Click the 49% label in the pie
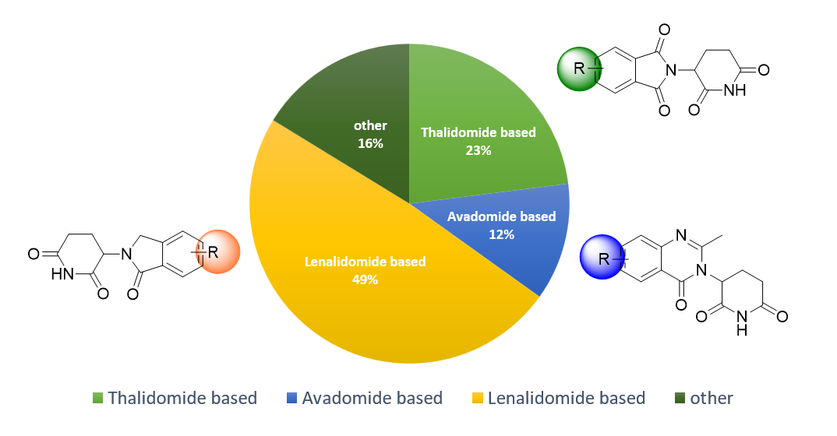pos(365,280)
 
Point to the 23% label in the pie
pos(479,150)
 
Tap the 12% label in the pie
pos(501,234)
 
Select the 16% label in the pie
pos(370,143)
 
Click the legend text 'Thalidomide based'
pos(182,399)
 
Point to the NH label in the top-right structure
pos(734,90)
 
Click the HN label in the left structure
pos(64,273)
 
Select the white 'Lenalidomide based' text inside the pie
pos(365,262)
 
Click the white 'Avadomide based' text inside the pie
pos(501,216)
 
